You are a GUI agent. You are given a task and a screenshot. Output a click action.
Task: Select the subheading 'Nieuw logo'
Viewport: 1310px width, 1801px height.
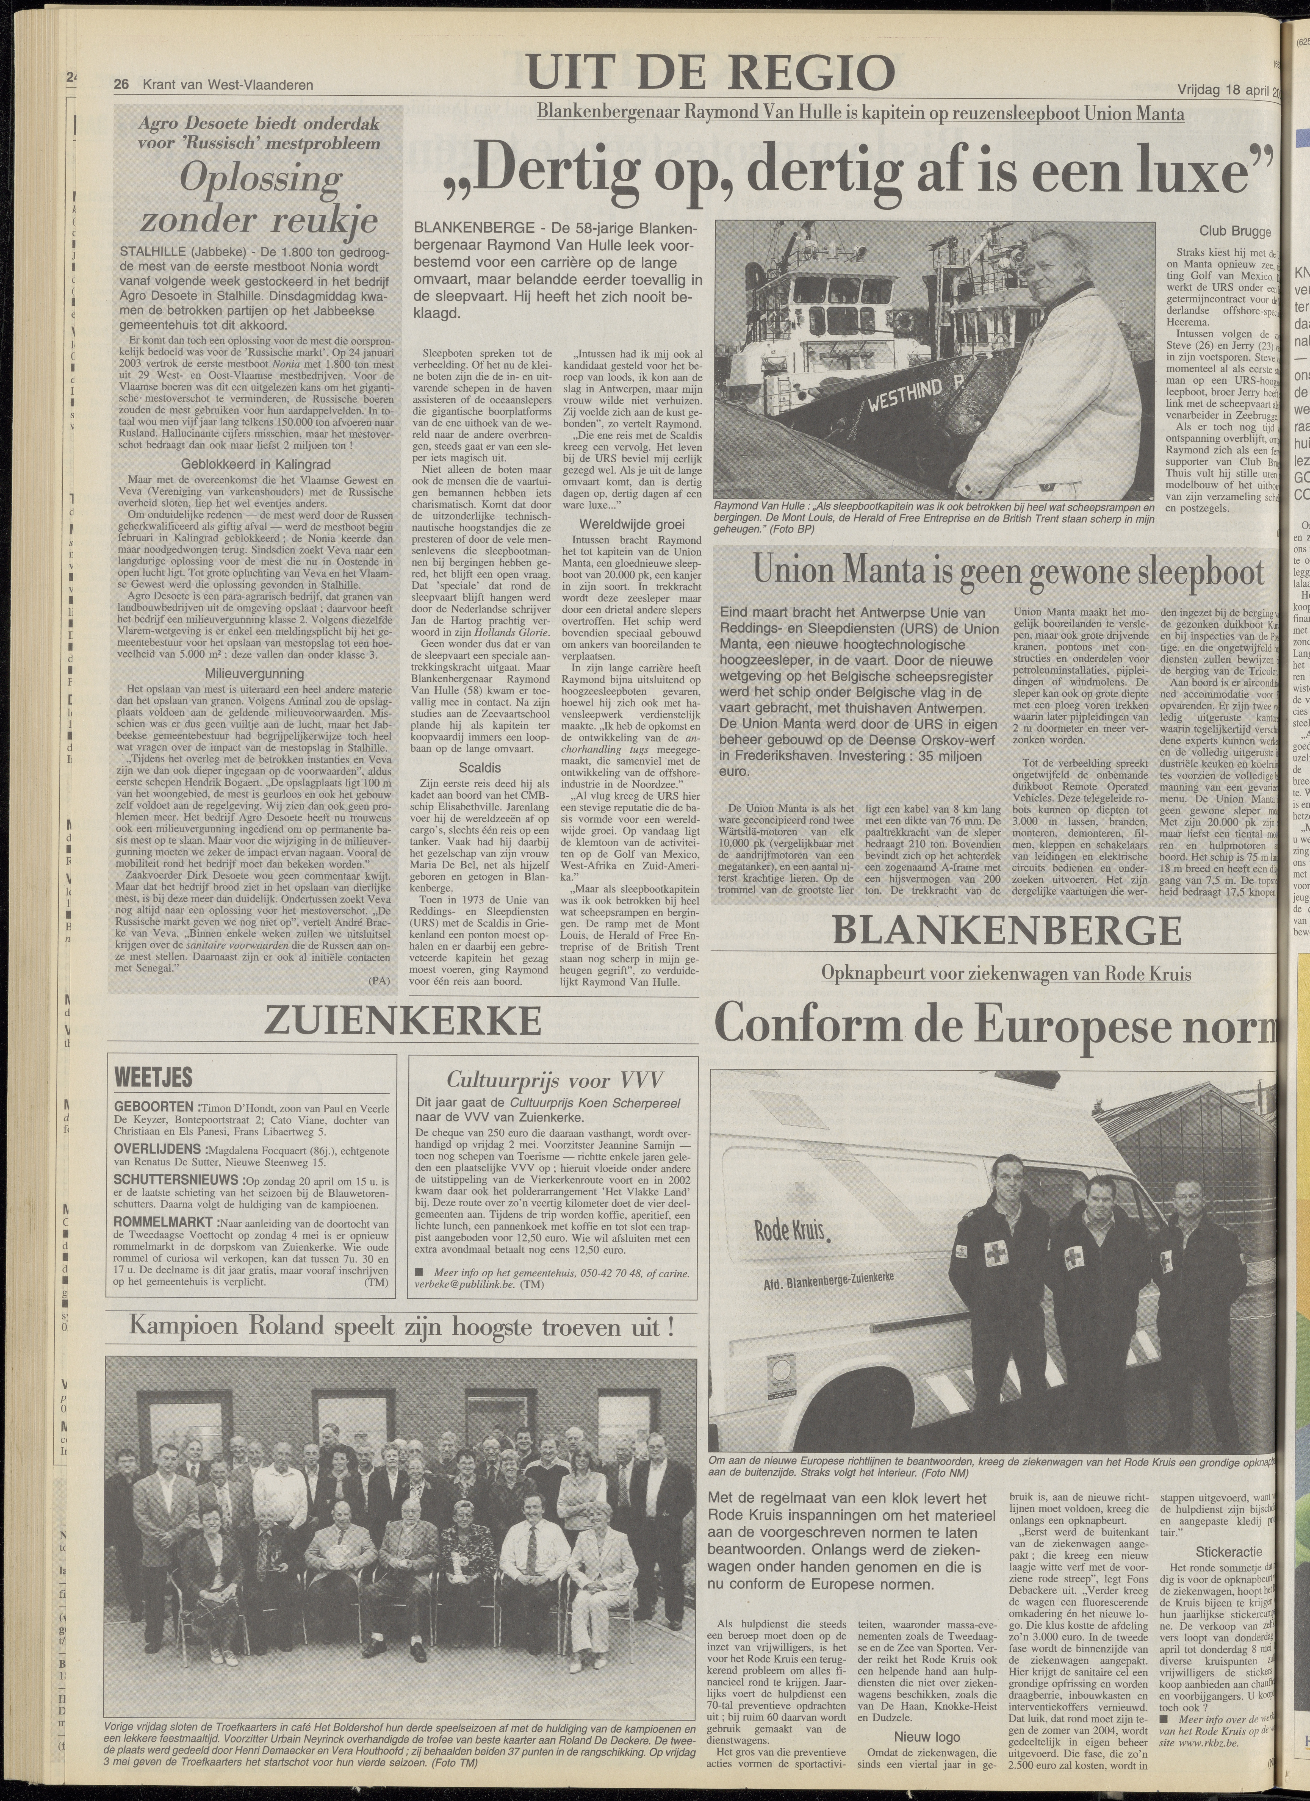point(927,1730)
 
